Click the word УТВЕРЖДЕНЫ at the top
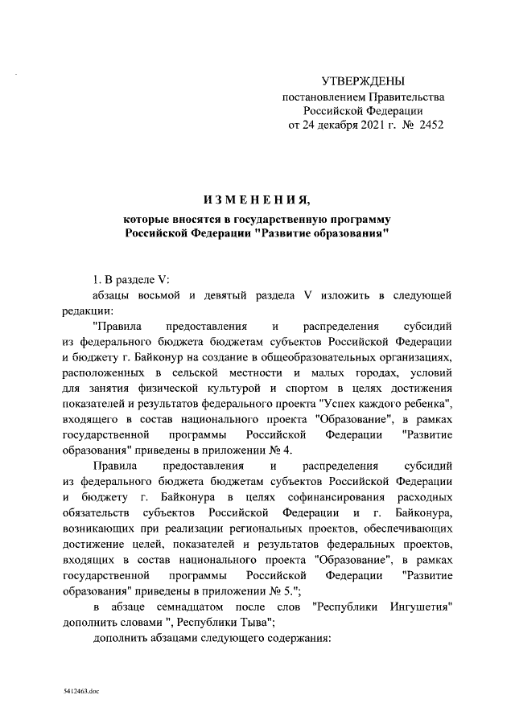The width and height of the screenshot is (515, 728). pos(363,81)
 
